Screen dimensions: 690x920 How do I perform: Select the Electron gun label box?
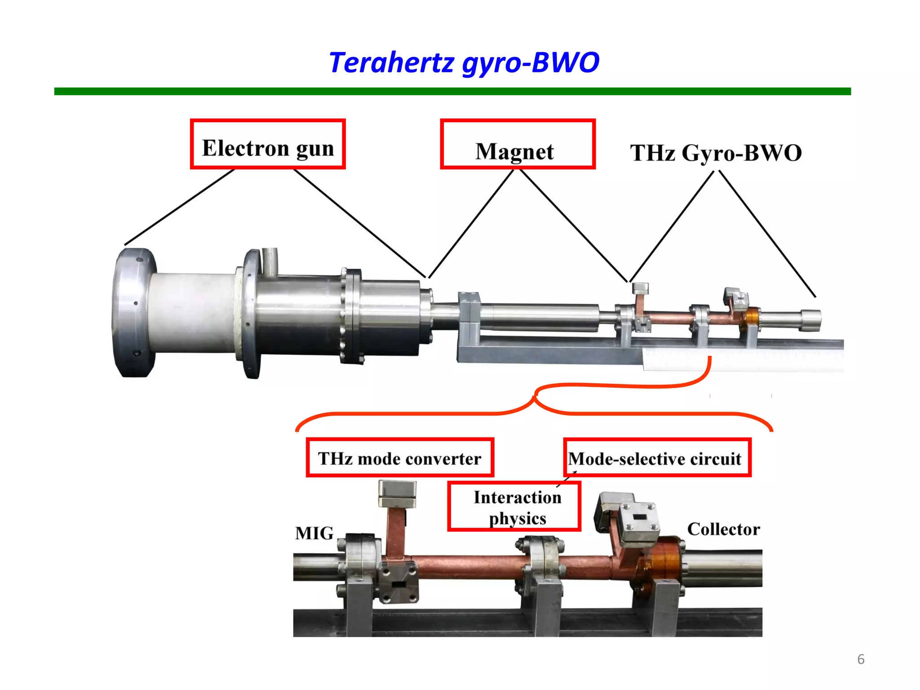pyautogui.click(x=268, y=144)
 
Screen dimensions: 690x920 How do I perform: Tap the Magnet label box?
pyautogui.click(x=517, y=144)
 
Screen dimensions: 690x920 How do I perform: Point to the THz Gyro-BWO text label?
pyautogui.click(x=716, y=153)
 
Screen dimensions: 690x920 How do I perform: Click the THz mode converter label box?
pyautogui.click(x=400, y=458)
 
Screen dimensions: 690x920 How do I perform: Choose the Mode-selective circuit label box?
pyautogui.click(x=657, y=458)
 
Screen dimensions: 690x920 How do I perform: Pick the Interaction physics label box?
pyautogui.click(x=514, y=507)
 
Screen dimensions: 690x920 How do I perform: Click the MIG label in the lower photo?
pyautogui.click(x=314, y=533)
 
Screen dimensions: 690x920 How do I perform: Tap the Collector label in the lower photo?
pyautogui.click(x=723, y=529)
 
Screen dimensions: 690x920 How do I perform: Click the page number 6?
pyautogui.click(x=861, y=659)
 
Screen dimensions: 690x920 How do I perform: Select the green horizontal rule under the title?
pyautogui.click(x=452, y=91)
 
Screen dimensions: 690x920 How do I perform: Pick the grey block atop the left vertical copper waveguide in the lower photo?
pyautogui.click(x=397, y=494)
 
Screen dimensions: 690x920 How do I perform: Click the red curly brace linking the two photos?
pyautogui.click(x=535, y=400)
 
